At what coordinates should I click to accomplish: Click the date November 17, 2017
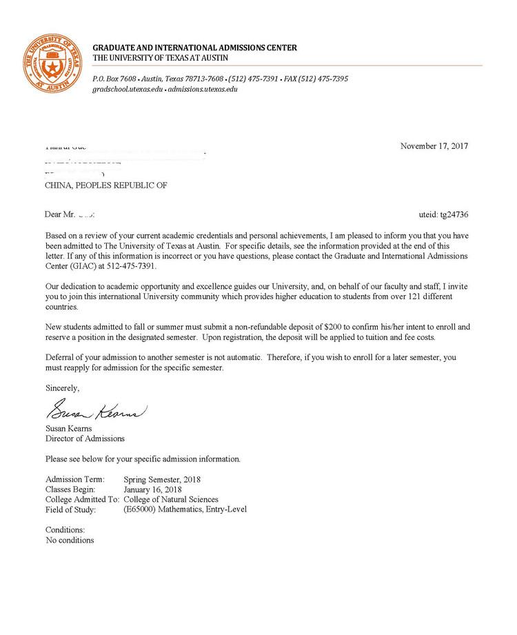click(434, 146)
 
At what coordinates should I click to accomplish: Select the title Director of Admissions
click(85, 439)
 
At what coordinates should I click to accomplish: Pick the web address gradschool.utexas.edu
click(128, 90)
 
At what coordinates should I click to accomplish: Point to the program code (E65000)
click(141, 510)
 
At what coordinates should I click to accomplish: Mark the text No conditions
click(70, 540)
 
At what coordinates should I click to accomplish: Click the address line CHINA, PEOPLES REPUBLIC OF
click(105, 185)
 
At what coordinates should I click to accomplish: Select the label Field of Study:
click(71, 510)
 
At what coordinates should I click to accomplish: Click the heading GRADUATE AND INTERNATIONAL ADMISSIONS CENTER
click(195, 48)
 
